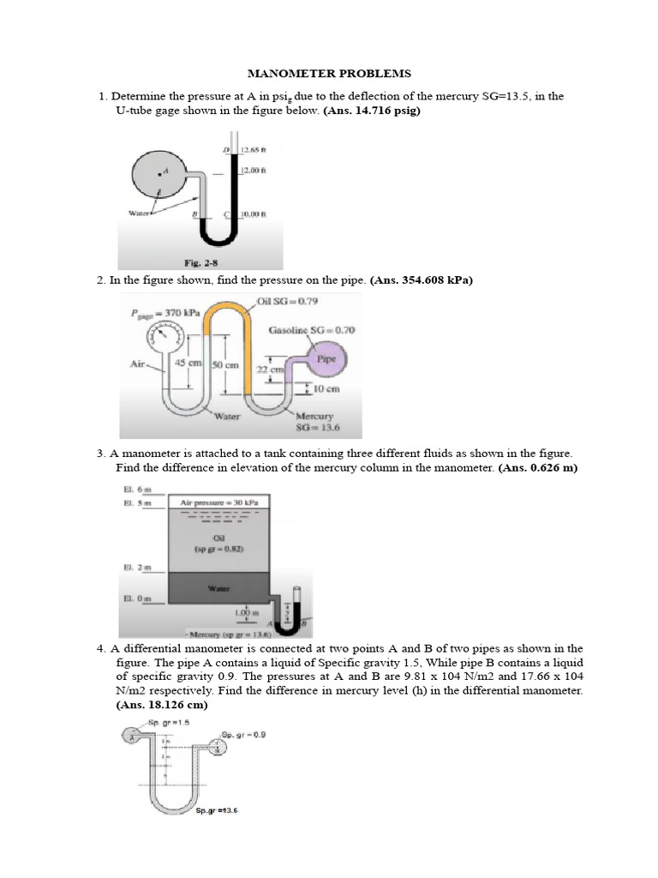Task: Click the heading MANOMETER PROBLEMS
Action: point(328,74)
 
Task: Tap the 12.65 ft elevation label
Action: point(254,148)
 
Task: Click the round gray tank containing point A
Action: point(159,175)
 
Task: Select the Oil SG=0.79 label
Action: point(291,301)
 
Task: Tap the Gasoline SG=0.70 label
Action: point(312,330)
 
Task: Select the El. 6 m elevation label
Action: point(135,488)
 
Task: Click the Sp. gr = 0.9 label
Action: point(244,734)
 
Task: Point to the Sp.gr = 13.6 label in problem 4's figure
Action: point(217,809)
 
